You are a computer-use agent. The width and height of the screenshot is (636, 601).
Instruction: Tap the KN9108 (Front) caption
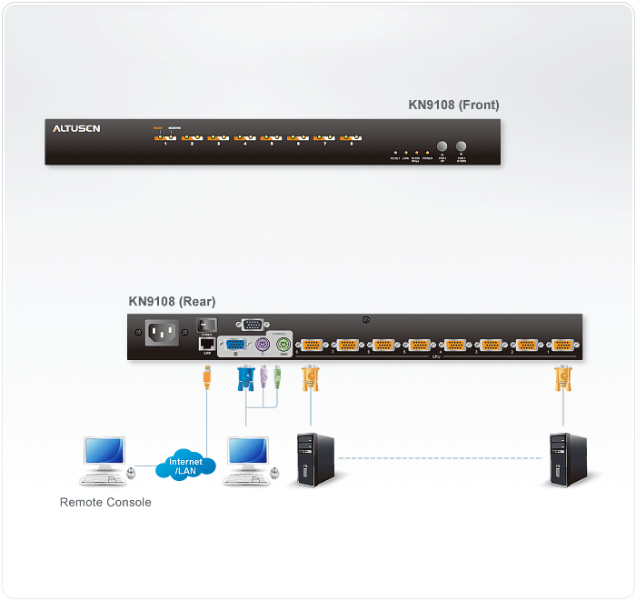tap(453, 105)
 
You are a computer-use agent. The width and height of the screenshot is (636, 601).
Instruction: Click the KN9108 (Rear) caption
tap(173, 301)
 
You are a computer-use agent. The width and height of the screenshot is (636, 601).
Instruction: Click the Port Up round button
tap(442, 146)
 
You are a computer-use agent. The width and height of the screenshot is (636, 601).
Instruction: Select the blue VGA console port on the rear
tap(234, 346)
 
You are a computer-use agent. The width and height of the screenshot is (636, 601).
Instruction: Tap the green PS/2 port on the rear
tap(283, 346)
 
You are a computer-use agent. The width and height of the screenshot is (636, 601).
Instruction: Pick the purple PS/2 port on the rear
tap(261, 346)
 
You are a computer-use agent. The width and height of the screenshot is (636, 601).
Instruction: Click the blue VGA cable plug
tap(245, 377)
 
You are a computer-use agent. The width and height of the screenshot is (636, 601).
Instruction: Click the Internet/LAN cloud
tap(185, 466)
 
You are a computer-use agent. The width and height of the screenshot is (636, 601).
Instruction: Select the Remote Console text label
tap(105, 502)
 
